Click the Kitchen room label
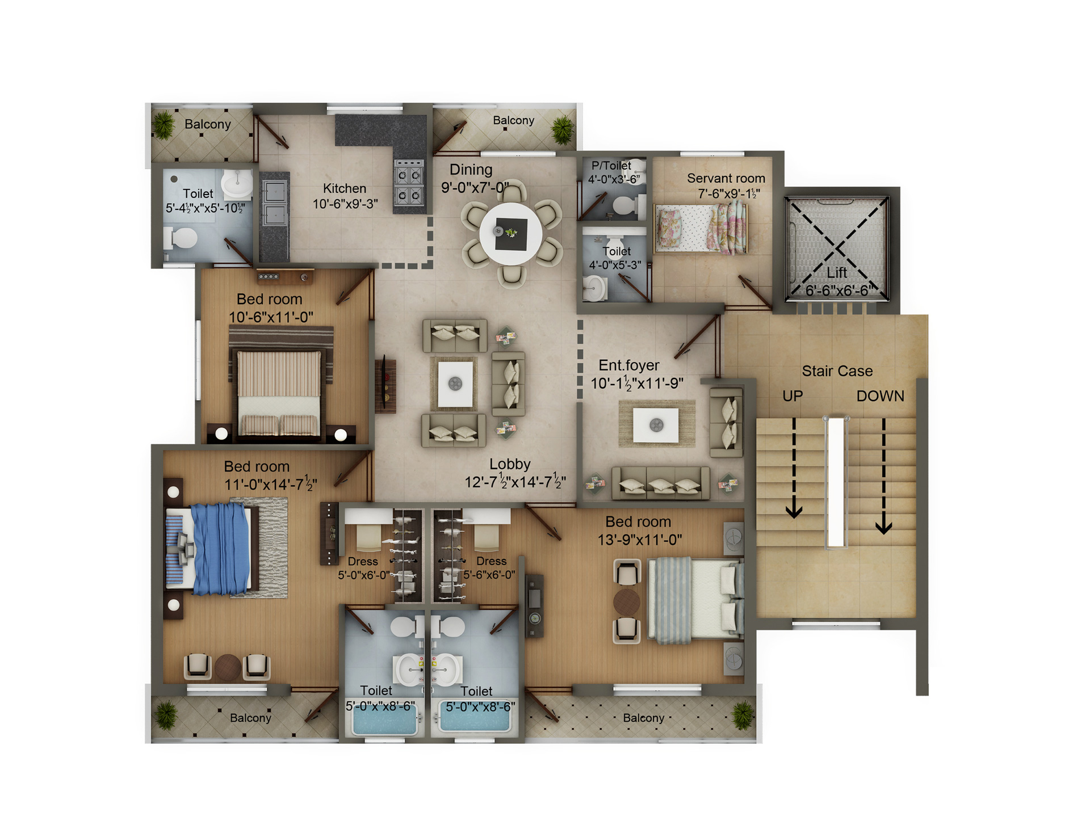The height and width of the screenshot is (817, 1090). pos(345,188)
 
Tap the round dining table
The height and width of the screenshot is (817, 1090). pos(511,233)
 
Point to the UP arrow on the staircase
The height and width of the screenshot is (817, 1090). pos(794,468)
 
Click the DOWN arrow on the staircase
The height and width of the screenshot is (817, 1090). pos(883,476)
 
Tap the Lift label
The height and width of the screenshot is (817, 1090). pos(837,272)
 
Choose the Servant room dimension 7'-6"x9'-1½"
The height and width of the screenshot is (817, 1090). pos(728,193)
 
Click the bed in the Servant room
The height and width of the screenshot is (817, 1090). pos(702,228)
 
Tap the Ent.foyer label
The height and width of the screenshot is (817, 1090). pos(629,365)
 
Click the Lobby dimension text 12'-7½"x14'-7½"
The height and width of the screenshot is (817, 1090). pos(515,482)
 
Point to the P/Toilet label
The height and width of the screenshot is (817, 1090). pos(611,166)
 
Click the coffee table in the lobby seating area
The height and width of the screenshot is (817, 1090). pos(455,384)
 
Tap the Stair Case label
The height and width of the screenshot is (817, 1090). pos(837,371)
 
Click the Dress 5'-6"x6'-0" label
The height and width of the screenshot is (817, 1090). pos(489,568)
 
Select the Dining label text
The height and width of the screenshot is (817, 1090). pos(471,170)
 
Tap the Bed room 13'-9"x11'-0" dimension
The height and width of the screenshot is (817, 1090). pos(640,540)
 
